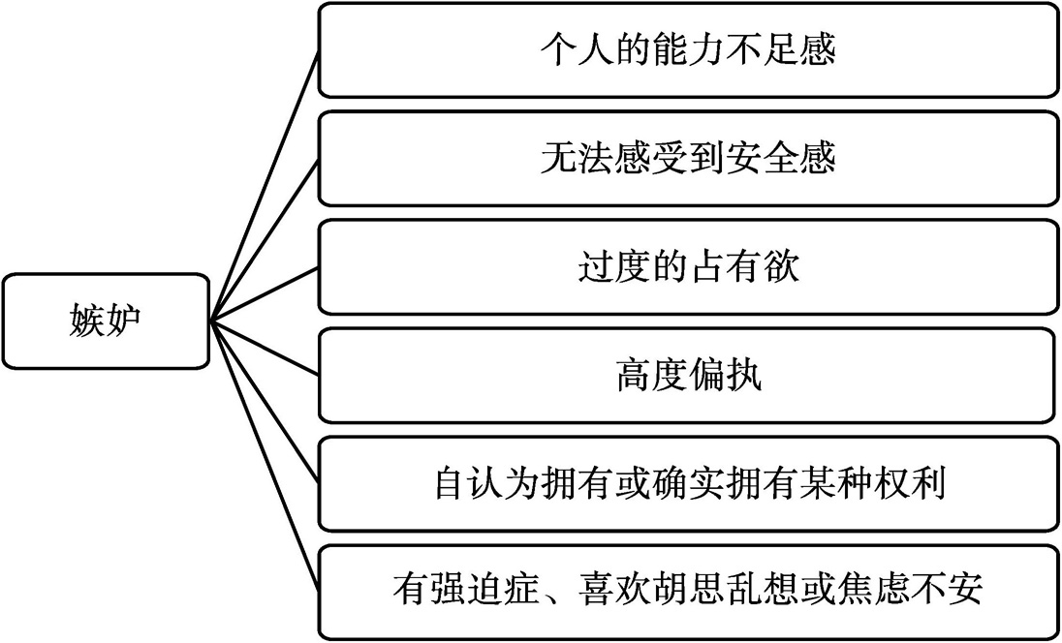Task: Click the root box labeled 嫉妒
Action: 105,321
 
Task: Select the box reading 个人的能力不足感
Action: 687,50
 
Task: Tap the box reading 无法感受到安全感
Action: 687,159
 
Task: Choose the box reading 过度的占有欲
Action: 687,266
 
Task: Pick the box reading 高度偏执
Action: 687,376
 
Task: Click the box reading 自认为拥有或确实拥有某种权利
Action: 687,484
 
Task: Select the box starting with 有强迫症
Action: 687,593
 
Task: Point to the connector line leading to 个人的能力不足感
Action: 265,186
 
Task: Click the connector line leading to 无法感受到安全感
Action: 265,240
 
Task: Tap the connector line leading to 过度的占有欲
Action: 265,294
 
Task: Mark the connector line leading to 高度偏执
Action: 265,349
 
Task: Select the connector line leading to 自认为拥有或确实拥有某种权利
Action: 265,403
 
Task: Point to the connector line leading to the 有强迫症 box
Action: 265,457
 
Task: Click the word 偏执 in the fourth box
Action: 725,376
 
